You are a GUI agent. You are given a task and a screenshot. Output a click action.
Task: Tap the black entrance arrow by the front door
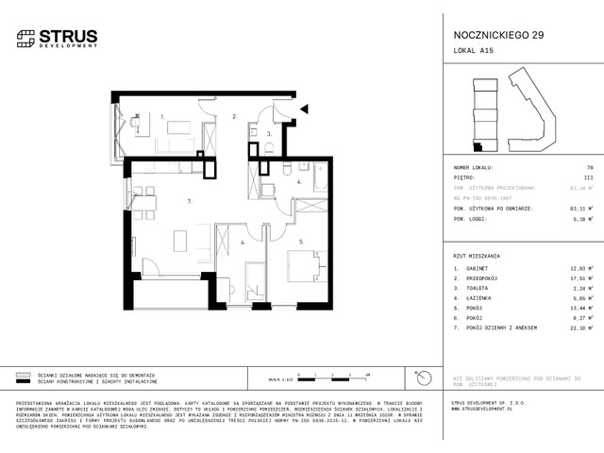[x=304, y=109]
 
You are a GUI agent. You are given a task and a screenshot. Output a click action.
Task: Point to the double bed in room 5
[x=310, y=265]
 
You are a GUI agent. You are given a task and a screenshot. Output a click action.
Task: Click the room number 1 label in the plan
[x=163, y=116]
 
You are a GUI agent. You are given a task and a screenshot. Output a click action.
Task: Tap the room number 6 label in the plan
[x=242, y=243]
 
